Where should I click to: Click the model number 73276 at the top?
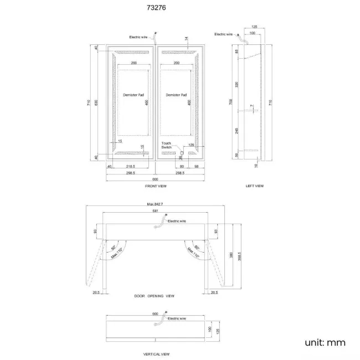(153, 8)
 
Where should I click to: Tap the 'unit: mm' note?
(325, 342)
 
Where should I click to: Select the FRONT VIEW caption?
(156, 186)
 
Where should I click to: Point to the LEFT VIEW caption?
(255, 186)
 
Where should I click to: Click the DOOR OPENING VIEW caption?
(155, 296)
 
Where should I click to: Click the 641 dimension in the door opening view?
(156, 211)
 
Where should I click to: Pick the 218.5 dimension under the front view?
(131, 166)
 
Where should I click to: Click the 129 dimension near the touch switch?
(191, 145)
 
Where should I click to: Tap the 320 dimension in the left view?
(236, 85)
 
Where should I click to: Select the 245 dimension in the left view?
(236, 131)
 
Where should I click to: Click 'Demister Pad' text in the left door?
(133, 95)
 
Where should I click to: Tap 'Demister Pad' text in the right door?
(176, 95)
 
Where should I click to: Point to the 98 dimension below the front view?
(196, 166)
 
